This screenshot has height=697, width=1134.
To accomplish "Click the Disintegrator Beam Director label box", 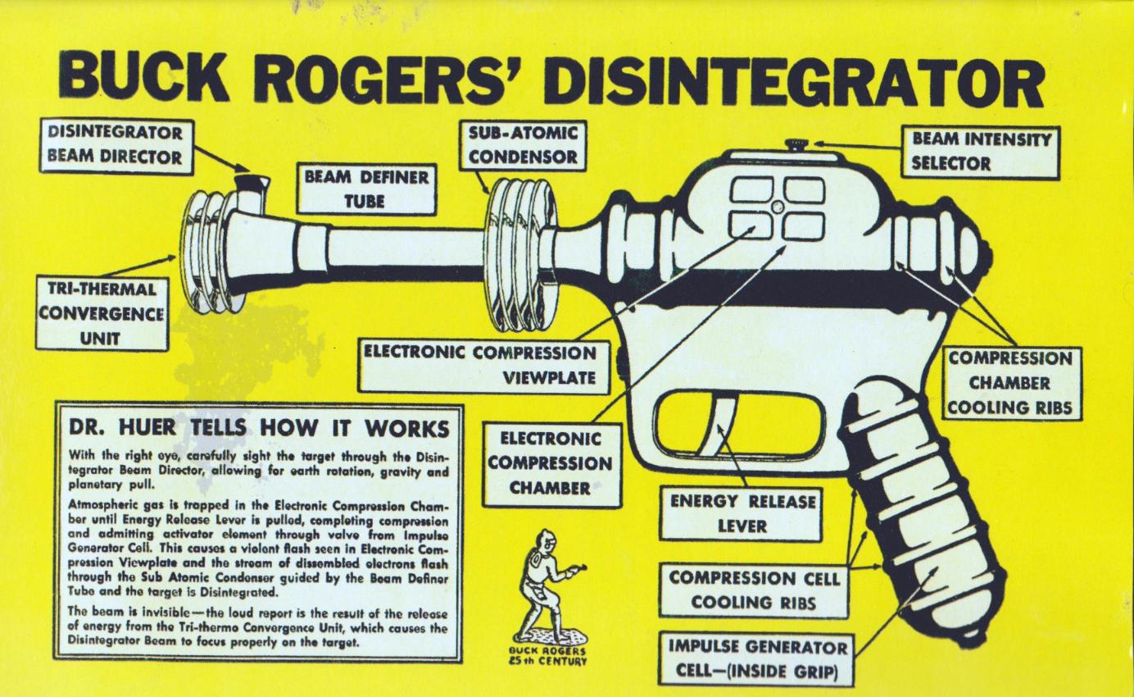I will (115, 146).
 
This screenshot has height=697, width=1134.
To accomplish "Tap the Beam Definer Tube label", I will (366, 189).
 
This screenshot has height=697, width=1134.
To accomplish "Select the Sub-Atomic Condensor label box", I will (522, 144).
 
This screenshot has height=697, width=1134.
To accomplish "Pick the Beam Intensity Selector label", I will (981, 150).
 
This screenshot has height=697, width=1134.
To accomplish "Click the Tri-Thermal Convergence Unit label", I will (101, 312).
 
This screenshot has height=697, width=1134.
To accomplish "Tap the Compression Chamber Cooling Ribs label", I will (1010, 382).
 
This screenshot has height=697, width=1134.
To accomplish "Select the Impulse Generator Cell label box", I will (758, 658).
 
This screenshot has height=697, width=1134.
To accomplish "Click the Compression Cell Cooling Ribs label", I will (753, 589).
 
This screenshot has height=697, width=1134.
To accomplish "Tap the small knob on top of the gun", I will (794, 145).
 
